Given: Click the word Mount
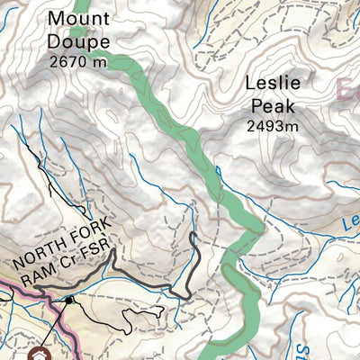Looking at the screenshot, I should click(79, 18).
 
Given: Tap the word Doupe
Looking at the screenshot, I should click(79, 41).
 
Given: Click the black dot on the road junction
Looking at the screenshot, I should click(68, 300).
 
